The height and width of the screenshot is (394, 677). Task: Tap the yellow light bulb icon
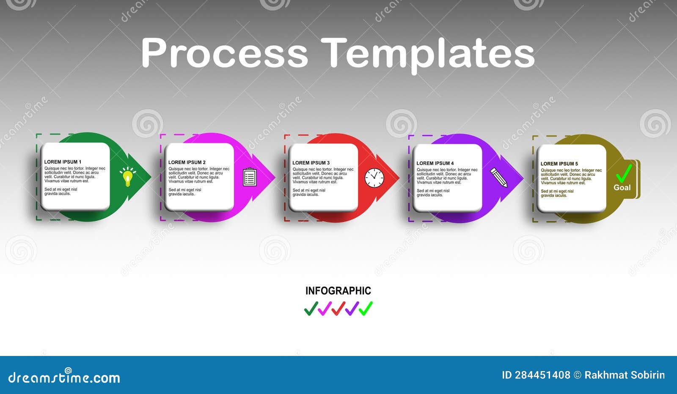(127, 177)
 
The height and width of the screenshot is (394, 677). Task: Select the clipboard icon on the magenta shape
(250, 177)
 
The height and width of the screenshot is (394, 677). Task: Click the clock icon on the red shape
(374, 178)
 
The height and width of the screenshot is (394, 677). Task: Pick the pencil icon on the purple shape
(499, 178)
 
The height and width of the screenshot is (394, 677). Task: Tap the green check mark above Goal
(624, 174)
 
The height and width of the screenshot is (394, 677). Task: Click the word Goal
(622, 188)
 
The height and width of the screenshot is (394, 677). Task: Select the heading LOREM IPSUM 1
(63, 162)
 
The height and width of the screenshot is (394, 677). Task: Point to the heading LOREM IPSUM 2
(187, 162)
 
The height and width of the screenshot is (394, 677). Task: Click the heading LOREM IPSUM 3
(311, 163)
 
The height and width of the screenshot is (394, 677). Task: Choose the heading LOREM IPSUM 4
(435, 163)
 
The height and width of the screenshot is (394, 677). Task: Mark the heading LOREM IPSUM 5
(559, 164)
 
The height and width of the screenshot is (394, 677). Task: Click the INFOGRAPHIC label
(338, 291)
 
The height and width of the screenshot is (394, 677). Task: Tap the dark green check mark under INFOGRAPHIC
(311, 309)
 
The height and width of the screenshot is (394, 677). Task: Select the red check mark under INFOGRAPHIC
(338, 309)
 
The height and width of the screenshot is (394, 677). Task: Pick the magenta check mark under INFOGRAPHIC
(325, 309)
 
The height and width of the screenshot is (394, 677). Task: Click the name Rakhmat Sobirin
(625, 375)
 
